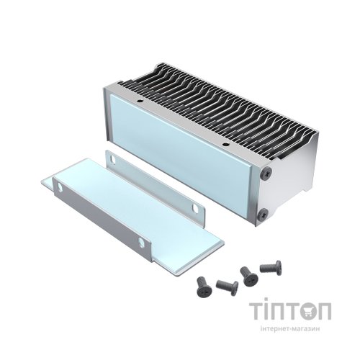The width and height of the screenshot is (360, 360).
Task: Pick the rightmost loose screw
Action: (x=274, y=268)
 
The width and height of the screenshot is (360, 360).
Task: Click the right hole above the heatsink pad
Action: (x=224, y=146)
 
